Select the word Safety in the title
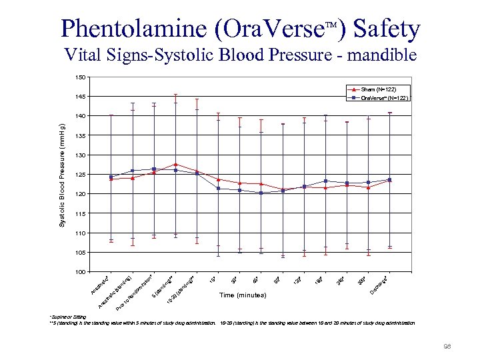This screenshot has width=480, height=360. click(x=387, y=29)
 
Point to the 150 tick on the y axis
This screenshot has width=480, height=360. click(x=80, y=77)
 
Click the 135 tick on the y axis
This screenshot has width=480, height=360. click(x=80, y=136)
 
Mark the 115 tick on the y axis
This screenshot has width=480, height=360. click(x=80, y=213)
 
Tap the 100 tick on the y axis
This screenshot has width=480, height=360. click(x=80, y=272)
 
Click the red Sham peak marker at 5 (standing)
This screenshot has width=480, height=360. click(x=175, y=164)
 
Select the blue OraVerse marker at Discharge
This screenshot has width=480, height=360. click(x=389, y=180)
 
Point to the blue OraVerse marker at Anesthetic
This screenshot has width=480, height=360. click(x=111, y=177)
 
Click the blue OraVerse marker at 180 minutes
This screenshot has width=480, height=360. click(x=325, y=181)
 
